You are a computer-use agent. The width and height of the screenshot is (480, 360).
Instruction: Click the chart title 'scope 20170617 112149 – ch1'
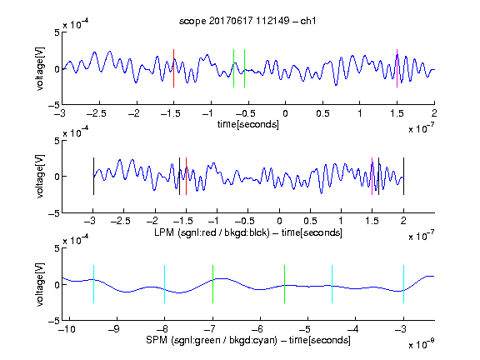tap(247, 21)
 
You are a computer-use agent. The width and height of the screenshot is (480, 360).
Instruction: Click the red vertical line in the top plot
tap(173, 68)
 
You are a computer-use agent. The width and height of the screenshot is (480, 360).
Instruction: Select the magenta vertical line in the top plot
tap(397, 68)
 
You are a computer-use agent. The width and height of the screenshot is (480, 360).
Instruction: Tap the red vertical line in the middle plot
tap(186, 176)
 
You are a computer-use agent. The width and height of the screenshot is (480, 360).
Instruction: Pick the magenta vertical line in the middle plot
tap(372, 176)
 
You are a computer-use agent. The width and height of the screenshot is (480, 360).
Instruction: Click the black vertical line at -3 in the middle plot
tap(93, 176)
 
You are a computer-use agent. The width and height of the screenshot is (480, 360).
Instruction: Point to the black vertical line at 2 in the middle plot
tap(403, 176)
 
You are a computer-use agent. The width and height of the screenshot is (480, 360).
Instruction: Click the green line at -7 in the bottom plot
tap(212, 284)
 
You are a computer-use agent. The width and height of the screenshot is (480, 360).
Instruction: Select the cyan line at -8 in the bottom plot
tap(165, 284)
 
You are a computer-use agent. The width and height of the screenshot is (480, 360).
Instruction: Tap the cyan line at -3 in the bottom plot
tap(404, 284)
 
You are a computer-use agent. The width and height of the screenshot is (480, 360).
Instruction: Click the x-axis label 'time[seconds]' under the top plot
tap(248, 124)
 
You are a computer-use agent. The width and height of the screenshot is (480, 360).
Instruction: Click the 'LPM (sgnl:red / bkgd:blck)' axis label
tap(212, 232)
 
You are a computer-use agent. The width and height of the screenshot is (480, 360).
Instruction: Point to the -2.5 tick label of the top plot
tap(97, 114)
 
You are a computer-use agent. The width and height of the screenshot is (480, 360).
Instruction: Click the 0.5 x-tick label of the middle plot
tap(310, 221)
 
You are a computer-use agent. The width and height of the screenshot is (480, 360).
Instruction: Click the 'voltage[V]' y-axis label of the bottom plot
tap(40, 284)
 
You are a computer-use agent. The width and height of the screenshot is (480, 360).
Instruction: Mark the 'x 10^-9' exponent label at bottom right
tap(421, 344)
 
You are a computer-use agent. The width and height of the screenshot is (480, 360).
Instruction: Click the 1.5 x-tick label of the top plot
tap(397, 114)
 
